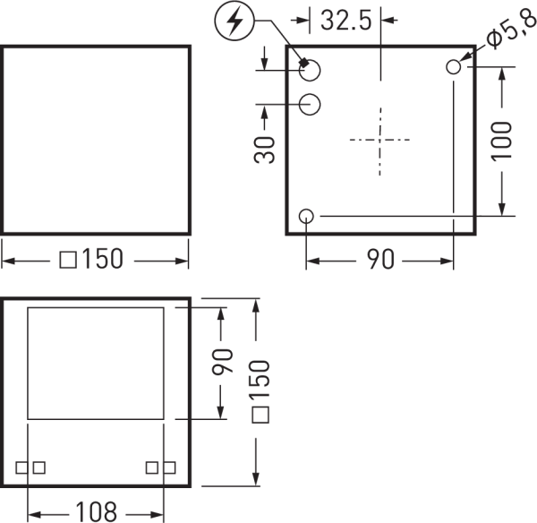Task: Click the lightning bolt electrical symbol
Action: point(234,21)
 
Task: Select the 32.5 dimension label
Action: point(345,21)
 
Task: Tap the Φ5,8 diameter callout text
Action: point(511,30)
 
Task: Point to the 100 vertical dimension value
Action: point(501,141)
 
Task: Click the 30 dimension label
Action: point(264,150)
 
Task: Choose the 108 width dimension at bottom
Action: point(97,511)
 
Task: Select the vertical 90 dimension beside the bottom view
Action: point(222,361)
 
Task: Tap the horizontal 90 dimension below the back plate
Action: point(380,259)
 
